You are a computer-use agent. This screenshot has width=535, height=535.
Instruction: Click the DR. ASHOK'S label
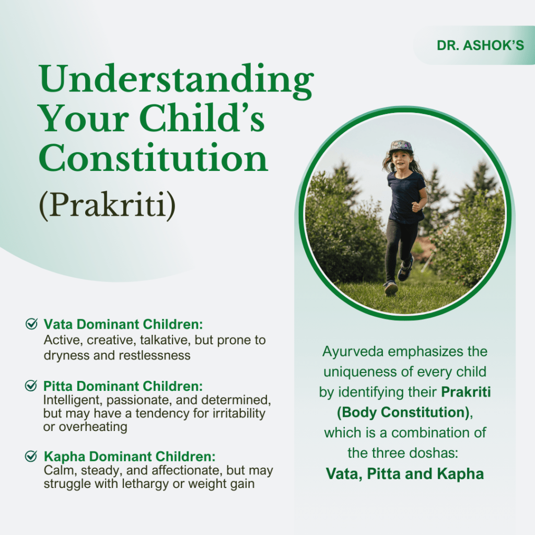click(x=480, y=45)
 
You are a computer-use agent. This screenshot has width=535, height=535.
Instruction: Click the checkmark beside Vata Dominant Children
click(x=31, y=324)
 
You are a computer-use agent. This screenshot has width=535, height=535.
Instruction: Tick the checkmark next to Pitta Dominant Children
click(x=31, y=386)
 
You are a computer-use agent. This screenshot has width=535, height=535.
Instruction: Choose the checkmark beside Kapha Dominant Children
click(x=31, y=456)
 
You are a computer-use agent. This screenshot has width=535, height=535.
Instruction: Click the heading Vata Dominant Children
click(x=123, y=324)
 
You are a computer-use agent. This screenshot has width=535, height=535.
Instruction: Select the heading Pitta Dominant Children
click(x=123, y=387)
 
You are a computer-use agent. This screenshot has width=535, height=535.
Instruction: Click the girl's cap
click(x=400, y=146)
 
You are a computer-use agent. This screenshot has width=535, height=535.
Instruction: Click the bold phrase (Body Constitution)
click(x=401, y=412)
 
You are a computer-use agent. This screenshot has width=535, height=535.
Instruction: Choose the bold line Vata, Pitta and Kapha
click(x=405, y=474)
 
